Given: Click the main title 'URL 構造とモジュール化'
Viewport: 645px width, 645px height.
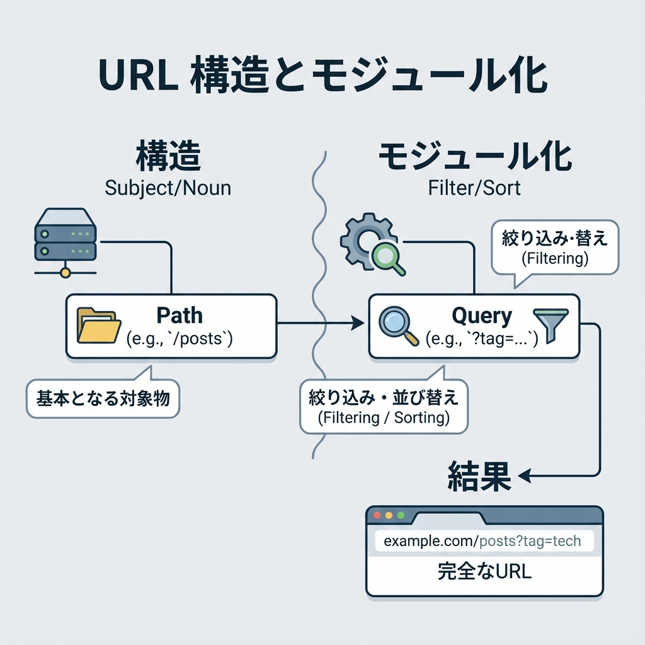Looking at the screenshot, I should (322, 77).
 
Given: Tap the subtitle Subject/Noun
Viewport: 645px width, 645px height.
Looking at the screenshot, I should (168, 187).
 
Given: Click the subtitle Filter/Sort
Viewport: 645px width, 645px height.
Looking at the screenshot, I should (474, 187).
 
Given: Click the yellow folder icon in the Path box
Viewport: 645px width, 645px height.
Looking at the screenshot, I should (99, 326).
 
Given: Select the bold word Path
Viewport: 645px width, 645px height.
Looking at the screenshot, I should (179, 315).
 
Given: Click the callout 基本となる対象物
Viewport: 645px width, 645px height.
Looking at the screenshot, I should (103, 399).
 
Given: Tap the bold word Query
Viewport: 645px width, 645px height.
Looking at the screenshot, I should (482, 315).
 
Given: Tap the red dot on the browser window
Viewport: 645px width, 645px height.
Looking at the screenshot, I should (378, 515).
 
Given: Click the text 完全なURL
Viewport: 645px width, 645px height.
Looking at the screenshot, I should (484, 572).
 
